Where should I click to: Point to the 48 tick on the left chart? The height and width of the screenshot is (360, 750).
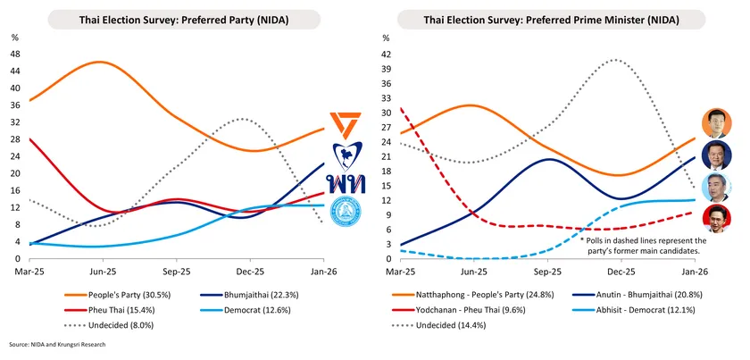coord(15,54)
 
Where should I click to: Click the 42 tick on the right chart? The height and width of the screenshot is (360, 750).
coord(386,54)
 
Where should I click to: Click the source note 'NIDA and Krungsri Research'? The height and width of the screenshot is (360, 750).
coord(67,344)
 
